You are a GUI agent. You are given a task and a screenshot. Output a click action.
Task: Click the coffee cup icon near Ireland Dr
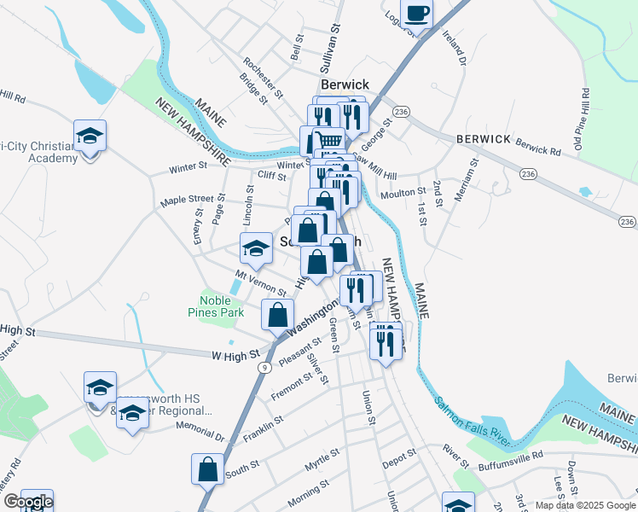(x=417, y=14)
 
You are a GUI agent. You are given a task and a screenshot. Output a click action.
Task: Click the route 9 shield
(x=266, y=367)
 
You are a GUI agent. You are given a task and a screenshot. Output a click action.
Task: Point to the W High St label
(x=232, y=354)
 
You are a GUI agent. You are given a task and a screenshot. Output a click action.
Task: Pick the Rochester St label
(x=263, y=76)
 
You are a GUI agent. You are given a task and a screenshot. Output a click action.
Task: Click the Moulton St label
(x=403, y=194)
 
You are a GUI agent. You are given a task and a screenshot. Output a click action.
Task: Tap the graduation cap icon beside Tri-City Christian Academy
(x=90, y=136)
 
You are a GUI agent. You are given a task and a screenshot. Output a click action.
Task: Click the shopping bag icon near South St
(x=207, y=468)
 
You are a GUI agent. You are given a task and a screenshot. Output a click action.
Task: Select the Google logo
(x=27, y=503)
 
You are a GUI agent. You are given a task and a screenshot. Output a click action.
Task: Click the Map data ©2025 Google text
(x=584, y=505)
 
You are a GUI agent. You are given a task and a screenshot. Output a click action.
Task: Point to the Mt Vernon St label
(x=260, y=285)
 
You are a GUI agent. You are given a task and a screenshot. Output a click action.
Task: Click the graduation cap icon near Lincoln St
(x=255, y=248)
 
